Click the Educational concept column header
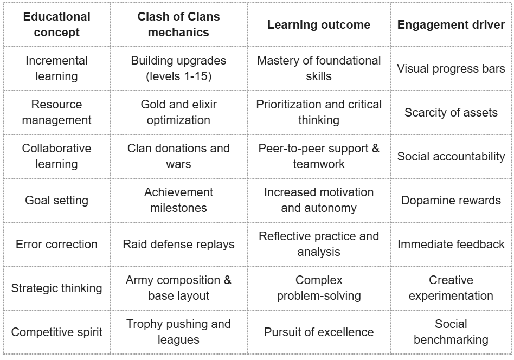click(56, 24)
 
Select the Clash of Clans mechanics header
click(178, 24)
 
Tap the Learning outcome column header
click(319, 24)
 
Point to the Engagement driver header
click(451, 24)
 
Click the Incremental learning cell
click(56, 68)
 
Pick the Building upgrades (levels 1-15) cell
click(178, 68)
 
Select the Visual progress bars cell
click(451, 69)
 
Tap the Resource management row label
click(56, 112)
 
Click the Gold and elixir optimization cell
click(178, 112)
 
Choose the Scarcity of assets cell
click(451, 113)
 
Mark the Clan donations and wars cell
click(178, 156)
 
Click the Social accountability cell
click(451, 157)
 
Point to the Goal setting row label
click(56, 201)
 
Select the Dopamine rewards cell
click(451, 201)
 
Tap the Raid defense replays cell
click(178, 245)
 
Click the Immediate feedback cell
click(451, 245)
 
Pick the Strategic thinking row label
click(56, 288)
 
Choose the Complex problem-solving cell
click(319, 288)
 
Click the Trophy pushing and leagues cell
click(178, 332)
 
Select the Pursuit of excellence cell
click(319, 332)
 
